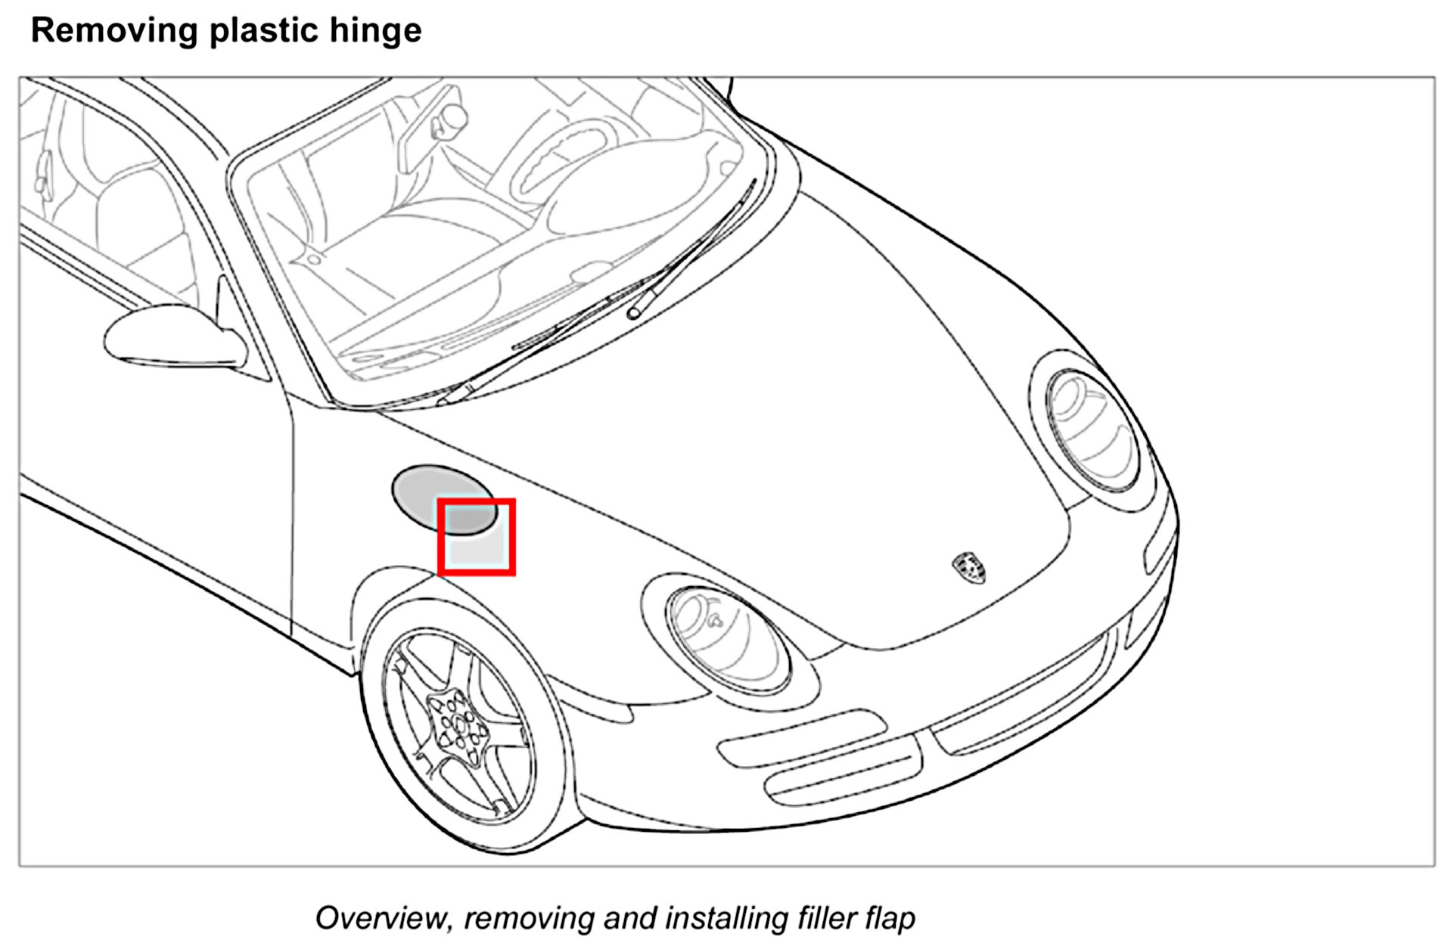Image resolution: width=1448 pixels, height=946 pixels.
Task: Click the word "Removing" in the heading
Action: click(x=113, y=31)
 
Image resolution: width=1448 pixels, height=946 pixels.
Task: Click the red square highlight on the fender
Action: click(x=477, y=537)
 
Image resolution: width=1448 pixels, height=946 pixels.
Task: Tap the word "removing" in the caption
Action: click(x=529, y=918)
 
